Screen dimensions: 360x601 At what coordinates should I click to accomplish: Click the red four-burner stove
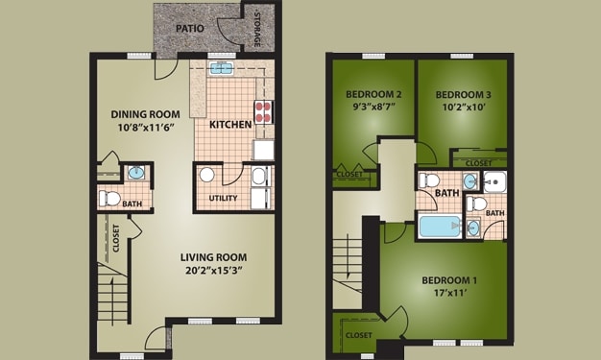point(261,109)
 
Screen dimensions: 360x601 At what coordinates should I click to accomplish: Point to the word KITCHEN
point(230,125)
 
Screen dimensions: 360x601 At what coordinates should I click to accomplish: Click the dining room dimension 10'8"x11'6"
point(145,127)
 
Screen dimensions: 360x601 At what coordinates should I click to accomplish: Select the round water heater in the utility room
point(206,176)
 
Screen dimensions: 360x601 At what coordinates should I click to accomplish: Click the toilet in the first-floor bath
point(110,199)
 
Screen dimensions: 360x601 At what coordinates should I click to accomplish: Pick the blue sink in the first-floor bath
point(135,174)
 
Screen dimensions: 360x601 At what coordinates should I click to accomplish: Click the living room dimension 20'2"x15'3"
point(213,272)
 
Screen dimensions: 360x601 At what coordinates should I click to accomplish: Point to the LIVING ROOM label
point(213,257)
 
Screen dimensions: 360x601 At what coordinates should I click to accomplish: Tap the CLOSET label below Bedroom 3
point(478,163)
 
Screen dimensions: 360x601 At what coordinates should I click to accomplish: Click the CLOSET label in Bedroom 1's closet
point(358,335)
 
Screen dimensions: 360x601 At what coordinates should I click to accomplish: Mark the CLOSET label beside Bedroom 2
point(349,175)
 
